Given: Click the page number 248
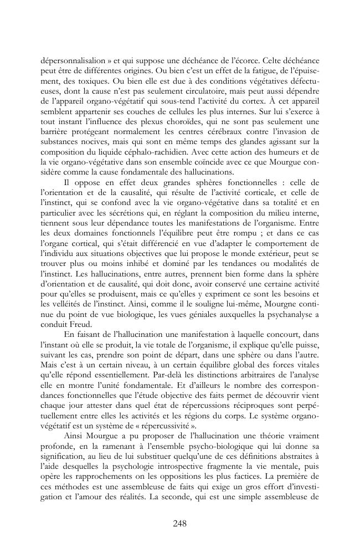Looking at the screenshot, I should click(x=179, y=523).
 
